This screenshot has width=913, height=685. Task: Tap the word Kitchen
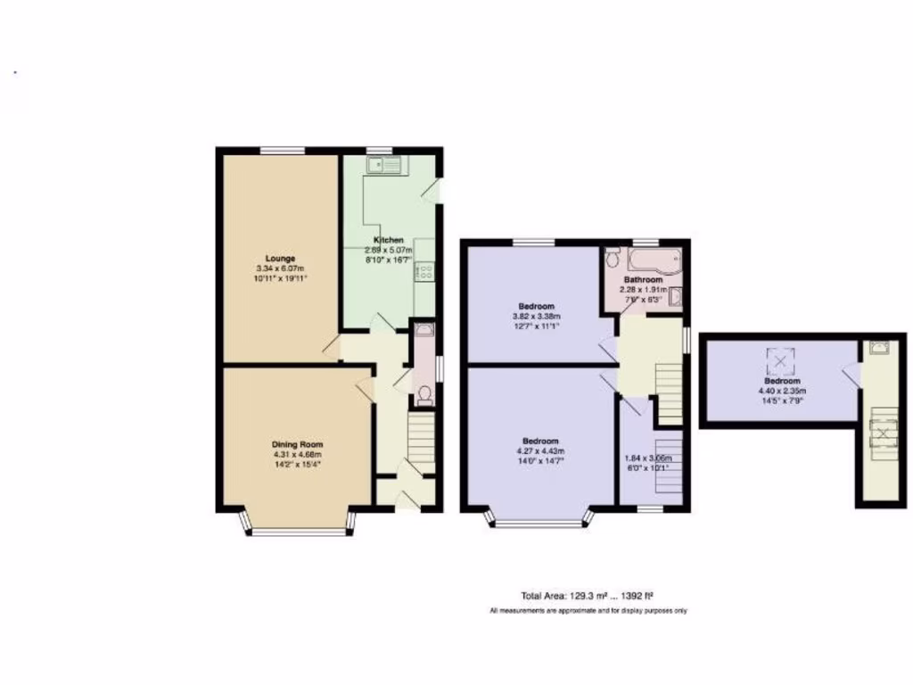[x=389, y=240]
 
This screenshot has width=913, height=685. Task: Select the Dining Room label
[x=298, y=444]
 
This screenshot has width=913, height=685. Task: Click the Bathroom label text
[x=643, y=278]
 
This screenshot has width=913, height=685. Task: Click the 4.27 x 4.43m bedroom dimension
[x=540, y=451]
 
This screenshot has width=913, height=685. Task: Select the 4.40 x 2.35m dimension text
[x=781, y=391]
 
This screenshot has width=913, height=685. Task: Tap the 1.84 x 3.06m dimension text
[x=648, y=458]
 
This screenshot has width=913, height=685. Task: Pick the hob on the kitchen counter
[x=423, y=270]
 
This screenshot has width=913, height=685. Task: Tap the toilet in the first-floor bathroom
[x=612, y=260]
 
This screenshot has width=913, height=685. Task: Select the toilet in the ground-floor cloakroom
[x=424, y=394]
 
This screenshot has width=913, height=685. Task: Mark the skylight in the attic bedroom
[x=781, y=359]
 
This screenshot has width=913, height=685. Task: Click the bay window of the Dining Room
[x=297, y=532]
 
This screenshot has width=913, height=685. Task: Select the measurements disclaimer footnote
[x=588, y=611]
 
